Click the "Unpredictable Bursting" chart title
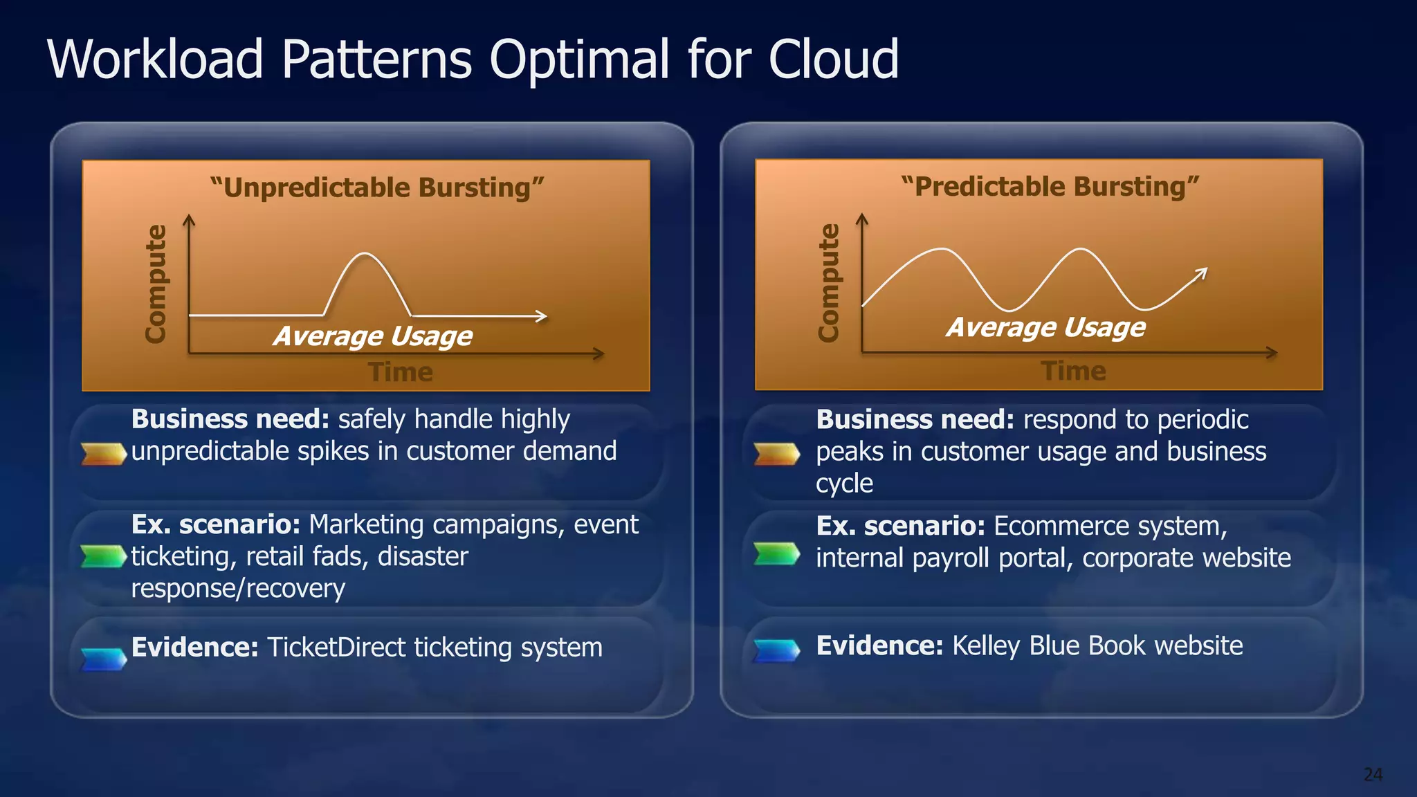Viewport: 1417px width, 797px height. pyautogui.click(x=377, y=187)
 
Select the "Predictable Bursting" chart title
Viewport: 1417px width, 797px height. pyautogui.click(x=1050, y=187)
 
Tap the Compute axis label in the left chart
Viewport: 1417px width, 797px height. pyautogui.click(x=156, y=284)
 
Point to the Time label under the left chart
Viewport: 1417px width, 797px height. pyautogui.click(x=401, y=372)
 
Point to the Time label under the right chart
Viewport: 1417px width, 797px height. pyautogui.click(x=1073, y=372)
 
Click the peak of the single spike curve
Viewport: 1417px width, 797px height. pyautogui.click(x=365, y=255)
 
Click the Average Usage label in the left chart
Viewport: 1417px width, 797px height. pyautogui.click(x=373, y=336)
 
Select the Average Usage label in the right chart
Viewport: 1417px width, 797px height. pyautogui.click(x=1046, y=327)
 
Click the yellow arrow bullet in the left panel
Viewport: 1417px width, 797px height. pyautogui.click(x=103, y=453)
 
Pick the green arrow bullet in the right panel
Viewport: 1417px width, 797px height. pyautogui.click(x=776, y=553)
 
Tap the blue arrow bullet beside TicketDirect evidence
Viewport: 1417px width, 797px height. pyautogui.click(x=103, y=659)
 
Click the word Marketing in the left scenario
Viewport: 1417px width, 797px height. pyautogui.click(x=366, y=525)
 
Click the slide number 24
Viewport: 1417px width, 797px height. pyautogui.click(x=1373, y=774)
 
